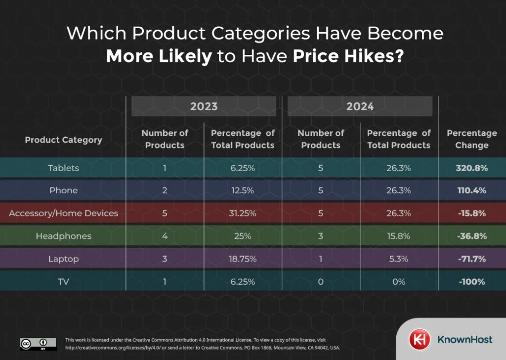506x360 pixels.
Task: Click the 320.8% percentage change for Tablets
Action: click(471, 168)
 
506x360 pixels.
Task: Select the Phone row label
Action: click(63, 190)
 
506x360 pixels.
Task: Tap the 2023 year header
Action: click(204, 106)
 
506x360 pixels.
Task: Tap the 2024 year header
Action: click(360, 106)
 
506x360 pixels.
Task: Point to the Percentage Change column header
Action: click(471, 139)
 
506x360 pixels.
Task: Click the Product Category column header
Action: click(63, 140)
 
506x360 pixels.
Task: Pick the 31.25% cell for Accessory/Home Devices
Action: click(242, 213)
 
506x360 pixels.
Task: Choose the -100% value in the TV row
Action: click(471, 282)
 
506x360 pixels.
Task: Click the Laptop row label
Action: click(63, 259)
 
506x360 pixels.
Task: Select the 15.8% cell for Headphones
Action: click(398, 236)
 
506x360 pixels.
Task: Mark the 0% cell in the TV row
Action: click(398, 282)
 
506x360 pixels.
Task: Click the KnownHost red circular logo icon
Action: click(418, 340)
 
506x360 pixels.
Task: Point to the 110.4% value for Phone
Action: click(471, 190)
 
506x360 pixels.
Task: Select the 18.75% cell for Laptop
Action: click(242, 259)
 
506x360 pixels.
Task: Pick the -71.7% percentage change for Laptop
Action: click(471, 259)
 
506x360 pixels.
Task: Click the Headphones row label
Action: click(63, 236)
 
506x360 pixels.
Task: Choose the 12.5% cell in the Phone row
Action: click(242, 190)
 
